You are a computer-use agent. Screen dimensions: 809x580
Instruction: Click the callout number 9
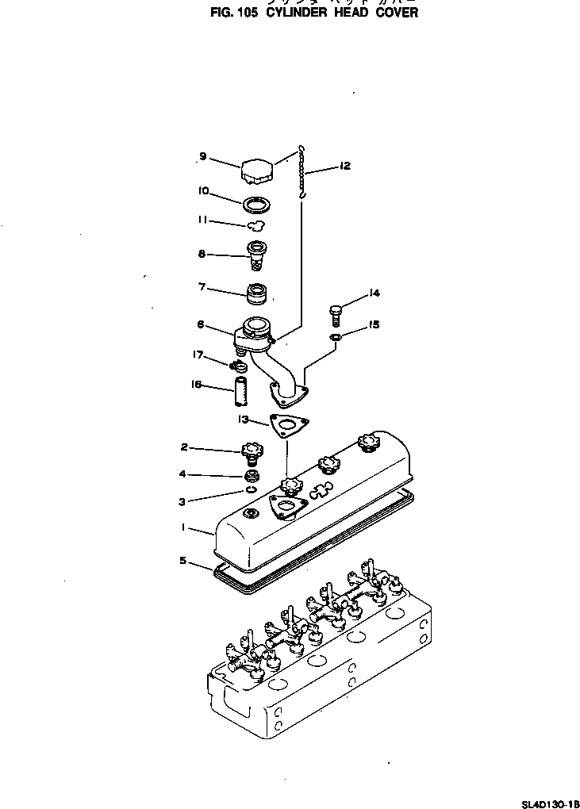point(203,157)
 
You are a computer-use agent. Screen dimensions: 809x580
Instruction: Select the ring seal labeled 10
point(255,205)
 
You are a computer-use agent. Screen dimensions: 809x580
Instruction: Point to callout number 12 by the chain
point(344,166)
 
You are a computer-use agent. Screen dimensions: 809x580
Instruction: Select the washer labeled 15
point(336,339)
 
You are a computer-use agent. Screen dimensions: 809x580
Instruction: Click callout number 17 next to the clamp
point(199,355)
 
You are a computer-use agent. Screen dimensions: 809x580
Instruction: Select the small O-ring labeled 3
point(251,490)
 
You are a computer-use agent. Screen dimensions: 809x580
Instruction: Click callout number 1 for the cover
point(182,527)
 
